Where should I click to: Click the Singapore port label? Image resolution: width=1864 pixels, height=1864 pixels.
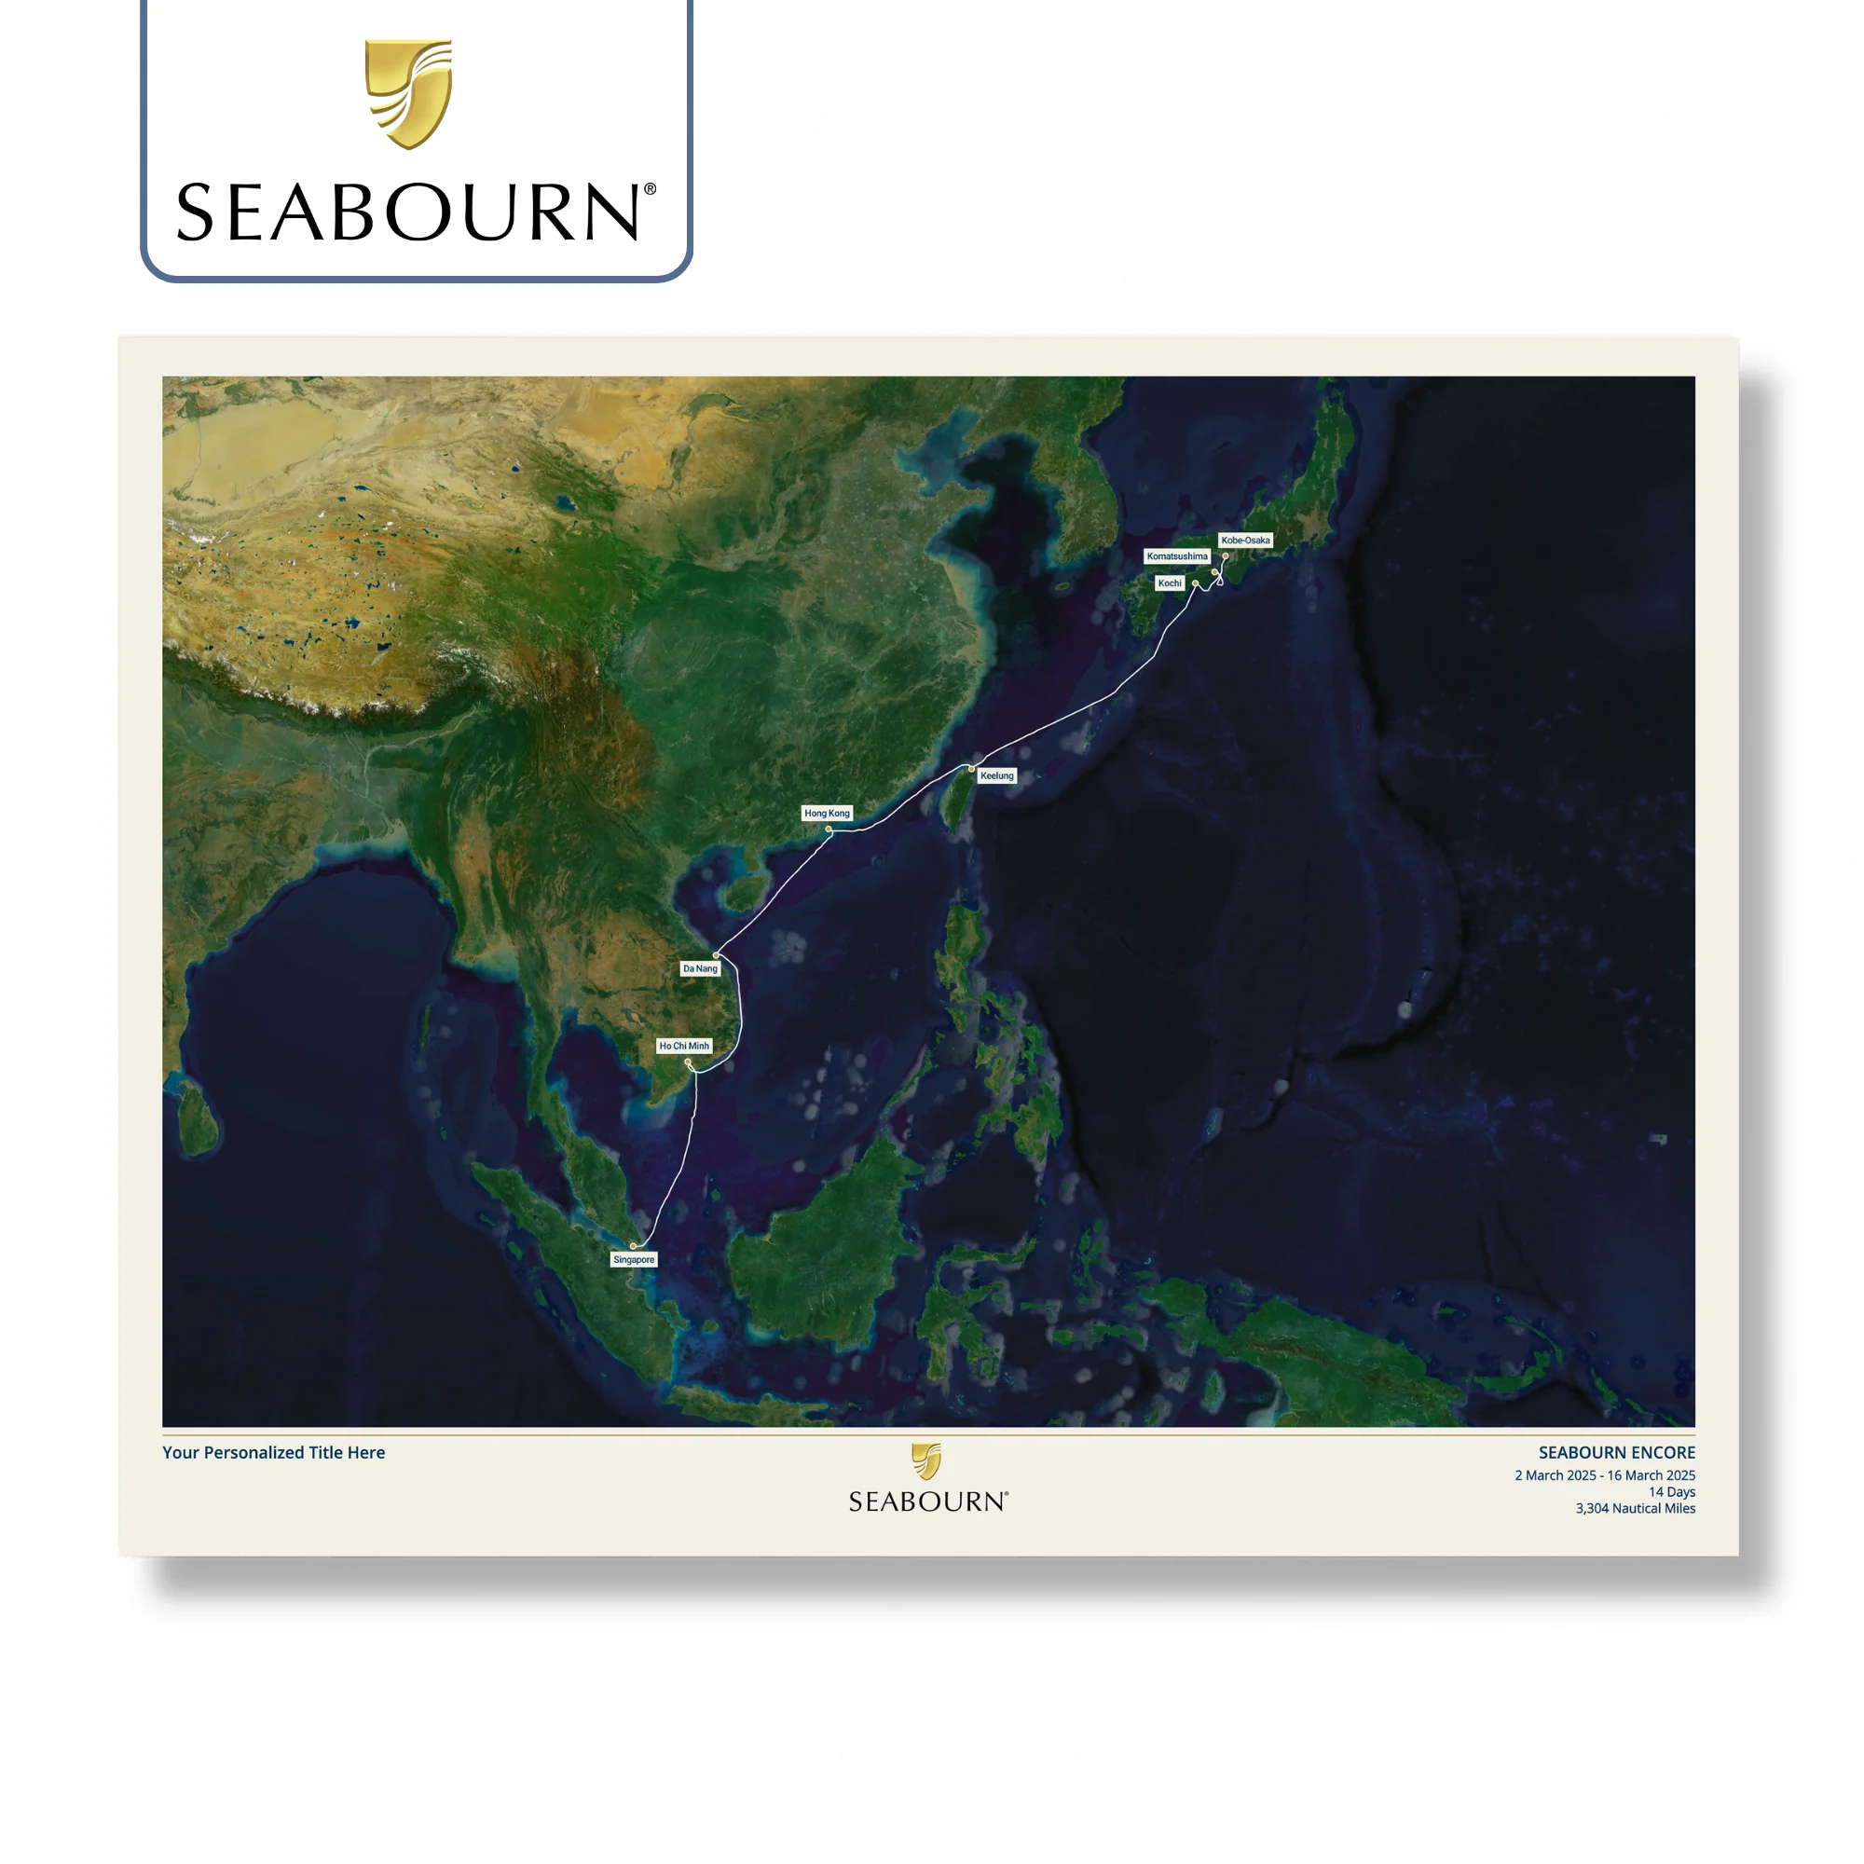click(634, 1260)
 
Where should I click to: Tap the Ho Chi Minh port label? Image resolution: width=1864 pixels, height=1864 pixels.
click(684, 1046)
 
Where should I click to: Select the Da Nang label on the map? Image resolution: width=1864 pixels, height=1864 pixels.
click(701, 968)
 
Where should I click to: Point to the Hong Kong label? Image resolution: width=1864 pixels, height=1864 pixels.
click(827, 814)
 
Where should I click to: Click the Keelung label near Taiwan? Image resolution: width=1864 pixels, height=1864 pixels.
click(996, 775)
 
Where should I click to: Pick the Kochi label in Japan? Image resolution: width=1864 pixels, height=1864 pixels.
click(1170, 583)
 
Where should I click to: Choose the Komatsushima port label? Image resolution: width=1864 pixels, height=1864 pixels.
click(1177, 556)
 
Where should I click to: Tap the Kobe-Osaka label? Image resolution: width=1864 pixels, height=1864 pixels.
click(1245, 541)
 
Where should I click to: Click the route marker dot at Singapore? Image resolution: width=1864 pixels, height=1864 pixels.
click(634, 1246)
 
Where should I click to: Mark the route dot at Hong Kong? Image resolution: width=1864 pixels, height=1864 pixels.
click(829, 829)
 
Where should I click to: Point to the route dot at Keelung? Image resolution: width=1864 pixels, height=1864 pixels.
click(971, 769)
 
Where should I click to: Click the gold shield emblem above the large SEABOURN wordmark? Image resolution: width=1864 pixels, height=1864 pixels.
click(409, 93)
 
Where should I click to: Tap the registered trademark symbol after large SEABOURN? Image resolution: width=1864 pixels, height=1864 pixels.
click(651, 190)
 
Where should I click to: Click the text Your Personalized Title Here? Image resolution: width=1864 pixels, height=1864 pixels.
click(273, 1453)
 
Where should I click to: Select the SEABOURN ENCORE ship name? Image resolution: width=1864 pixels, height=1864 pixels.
click(1616, 1453)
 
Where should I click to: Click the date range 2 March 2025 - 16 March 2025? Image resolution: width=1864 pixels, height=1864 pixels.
click(1605, 1476)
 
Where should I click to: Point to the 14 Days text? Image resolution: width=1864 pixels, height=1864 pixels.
click(1671, 1492)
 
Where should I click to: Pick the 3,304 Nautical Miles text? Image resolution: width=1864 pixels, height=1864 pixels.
click(1636, 1509)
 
